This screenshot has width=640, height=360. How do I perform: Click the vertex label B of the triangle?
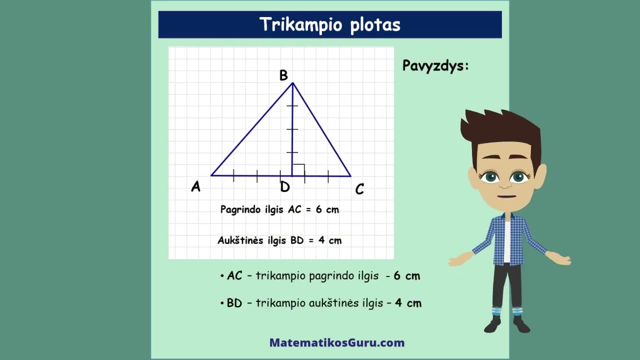[x=283, y=75]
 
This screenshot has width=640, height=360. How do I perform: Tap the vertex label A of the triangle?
[x=195, y=187]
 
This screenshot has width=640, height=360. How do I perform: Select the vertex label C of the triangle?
[x=359, y=189]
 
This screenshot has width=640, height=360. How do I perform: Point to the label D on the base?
[x=284, y=187]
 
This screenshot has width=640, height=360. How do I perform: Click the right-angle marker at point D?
[x=298, y=170]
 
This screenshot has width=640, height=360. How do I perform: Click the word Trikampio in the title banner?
[x=297, y=24]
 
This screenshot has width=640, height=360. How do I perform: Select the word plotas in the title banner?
[x=375, y=24]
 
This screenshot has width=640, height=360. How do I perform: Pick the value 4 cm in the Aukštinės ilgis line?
[x=330, y=240]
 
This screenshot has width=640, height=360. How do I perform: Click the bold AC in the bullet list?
[x=234, y=276]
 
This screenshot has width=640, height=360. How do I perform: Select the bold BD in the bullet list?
[x=234, y=303]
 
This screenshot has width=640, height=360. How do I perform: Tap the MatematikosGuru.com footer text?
[x=337, y=343]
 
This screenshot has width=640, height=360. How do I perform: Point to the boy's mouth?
[x=506, y=196]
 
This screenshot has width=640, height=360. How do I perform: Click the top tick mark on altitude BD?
[x=292, y=106]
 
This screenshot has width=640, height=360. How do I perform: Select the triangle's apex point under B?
[x=292, y=83]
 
